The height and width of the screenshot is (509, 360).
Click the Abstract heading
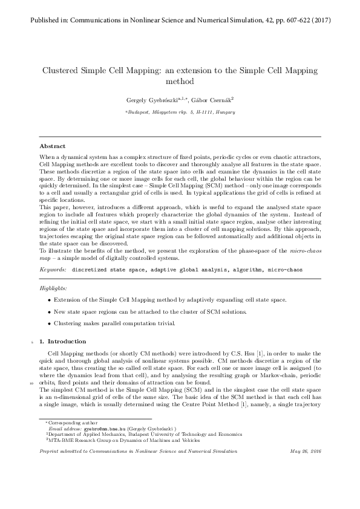coord(53,146)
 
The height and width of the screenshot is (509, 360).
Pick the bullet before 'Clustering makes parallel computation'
coord(49,323)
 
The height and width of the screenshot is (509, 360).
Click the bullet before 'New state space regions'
coord(49,311)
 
